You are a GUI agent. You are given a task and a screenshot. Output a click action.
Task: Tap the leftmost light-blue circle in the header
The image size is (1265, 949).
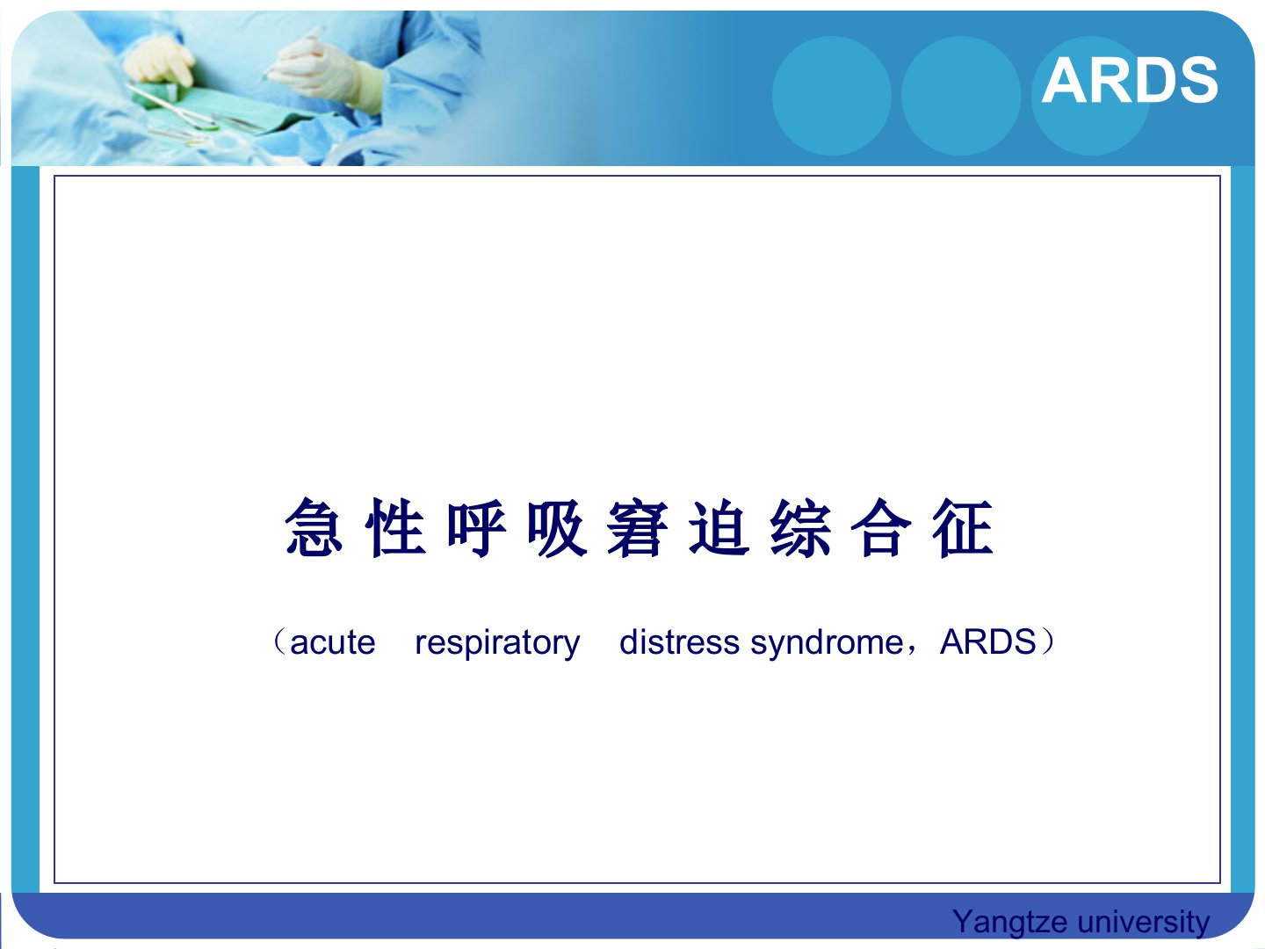point(832,96)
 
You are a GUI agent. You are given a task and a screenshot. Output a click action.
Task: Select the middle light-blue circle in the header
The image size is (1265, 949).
point(961,96)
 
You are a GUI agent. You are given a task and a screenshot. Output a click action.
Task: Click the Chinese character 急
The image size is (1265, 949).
point(314,527)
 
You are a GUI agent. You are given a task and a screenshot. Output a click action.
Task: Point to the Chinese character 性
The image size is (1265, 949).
point(395,527)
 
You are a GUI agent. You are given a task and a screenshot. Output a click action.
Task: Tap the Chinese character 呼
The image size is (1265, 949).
point(477,527)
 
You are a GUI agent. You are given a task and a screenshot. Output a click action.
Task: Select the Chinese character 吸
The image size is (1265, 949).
point(557,527)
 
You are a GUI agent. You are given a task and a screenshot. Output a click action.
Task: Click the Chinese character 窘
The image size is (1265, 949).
point(638,527)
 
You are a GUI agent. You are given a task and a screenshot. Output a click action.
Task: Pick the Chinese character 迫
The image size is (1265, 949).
point(719,527)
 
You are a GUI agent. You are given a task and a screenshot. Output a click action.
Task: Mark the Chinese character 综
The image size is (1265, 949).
point(800,527)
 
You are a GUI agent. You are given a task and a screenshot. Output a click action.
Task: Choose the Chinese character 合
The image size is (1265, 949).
point(881,527)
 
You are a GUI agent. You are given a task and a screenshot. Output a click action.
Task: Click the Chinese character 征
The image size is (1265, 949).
point(963,527)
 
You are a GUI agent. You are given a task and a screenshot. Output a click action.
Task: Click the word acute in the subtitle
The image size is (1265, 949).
point(333,642)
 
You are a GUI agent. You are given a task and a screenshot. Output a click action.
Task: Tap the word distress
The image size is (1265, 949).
point(679,641)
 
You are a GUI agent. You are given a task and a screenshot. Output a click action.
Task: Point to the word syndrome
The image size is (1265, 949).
point(827,644)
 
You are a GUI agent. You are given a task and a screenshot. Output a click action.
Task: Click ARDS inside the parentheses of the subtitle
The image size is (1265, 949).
point(987,641)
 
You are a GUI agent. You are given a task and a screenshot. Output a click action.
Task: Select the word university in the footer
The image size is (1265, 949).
point(1144,921)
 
